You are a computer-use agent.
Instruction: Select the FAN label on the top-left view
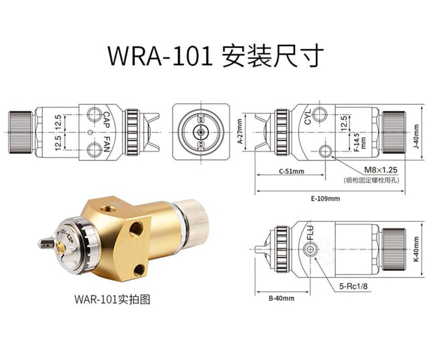point(106,143)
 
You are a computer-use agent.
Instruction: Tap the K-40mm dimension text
point(416,248)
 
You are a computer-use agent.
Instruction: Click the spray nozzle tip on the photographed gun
point(43,244)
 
